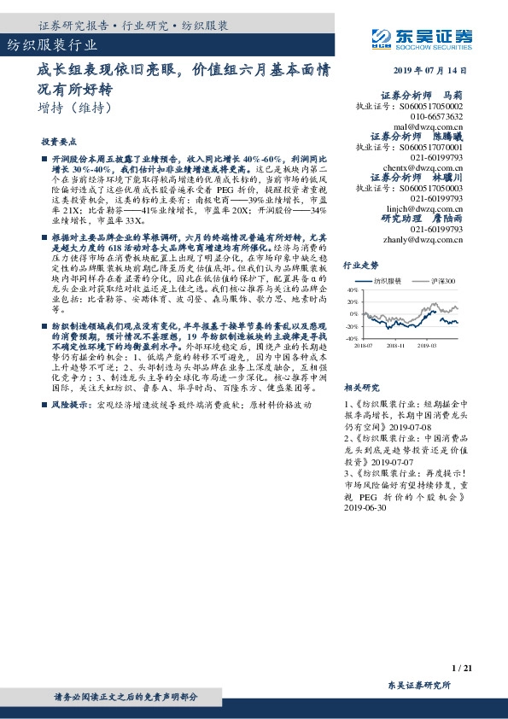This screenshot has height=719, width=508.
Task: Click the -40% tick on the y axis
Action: click(351, 339)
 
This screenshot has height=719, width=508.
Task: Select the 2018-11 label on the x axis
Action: click(395, 346)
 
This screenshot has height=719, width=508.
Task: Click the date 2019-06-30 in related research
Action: click(365, 506)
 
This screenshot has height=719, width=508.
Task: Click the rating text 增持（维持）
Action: click(76, 108)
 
